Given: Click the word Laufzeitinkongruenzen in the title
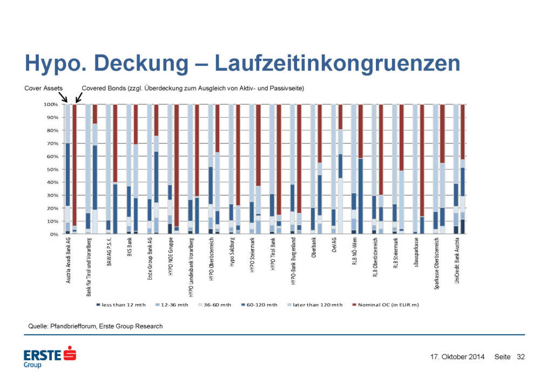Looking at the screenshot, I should pos(338,64).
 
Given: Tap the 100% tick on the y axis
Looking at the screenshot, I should pos(51,104).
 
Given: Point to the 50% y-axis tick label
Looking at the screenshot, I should pos(52,170).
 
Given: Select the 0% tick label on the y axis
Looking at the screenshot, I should pos(54,234).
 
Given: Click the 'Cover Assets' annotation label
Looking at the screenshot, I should pos(44,88).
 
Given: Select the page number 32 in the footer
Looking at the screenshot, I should pos(521,357).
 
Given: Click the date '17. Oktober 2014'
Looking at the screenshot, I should pos(457,357).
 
